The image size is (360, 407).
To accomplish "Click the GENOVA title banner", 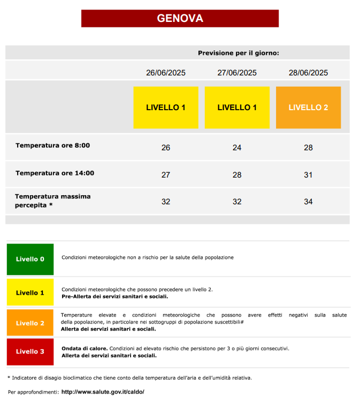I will [x=180, y=18].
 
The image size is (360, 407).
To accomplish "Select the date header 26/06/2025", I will [x=166, y=73].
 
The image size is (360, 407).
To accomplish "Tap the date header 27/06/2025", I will [x=237, y=73].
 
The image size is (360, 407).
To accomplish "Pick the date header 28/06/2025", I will [x=308, y=73].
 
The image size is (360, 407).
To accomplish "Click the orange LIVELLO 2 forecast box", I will [x=308, y=107].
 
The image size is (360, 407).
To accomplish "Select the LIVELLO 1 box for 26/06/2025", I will [x=166, y=107].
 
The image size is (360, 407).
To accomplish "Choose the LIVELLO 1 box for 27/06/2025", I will [x=237, y=107].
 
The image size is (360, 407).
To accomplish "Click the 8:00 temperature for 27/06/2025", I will [x=237, y=148].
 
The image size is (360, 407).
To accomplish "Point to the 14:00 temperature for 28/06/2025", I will [x=308, y=175].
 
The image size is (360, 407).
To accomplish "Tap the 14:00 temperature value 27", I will [x=166, y=175].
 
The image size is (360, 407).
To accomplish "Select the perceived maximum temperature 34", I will [x=308, y=202].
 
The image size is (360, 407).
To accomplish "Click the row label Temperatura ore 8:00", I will [x=52, y=145].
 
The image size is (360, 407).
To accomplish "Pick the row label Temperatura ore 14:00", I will [x=55, y=173].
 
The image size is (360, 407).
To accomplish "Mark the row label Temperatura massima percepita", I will [x=52, y=201].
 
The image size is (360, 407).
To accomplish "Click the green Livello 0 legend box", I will [x=30, y=259].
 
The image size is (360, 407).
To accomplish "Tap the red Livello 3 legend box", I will [x=30, y=351].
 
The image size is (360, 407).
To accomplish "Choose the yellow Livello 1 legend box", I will [x=30, y=293].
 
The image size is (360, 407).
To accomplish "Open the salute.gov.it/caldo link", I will [x=103, y=392].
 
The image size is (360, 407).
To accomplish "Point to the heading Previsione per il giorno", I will [x=239, y=53].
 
